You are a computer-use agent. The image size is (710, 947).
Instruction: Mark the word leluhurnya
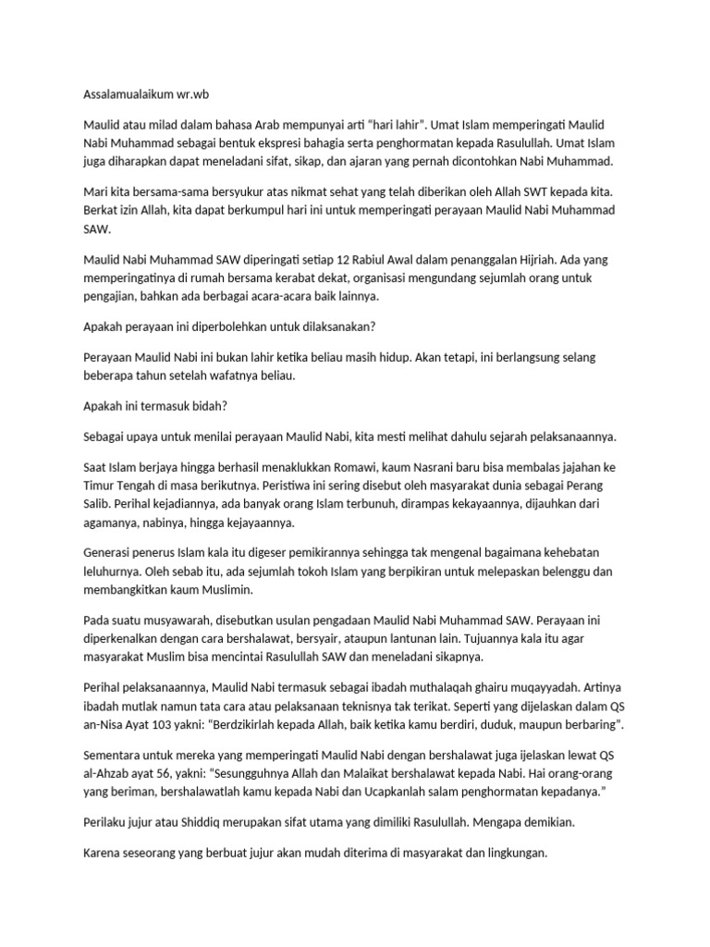(x=115, y=573)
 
